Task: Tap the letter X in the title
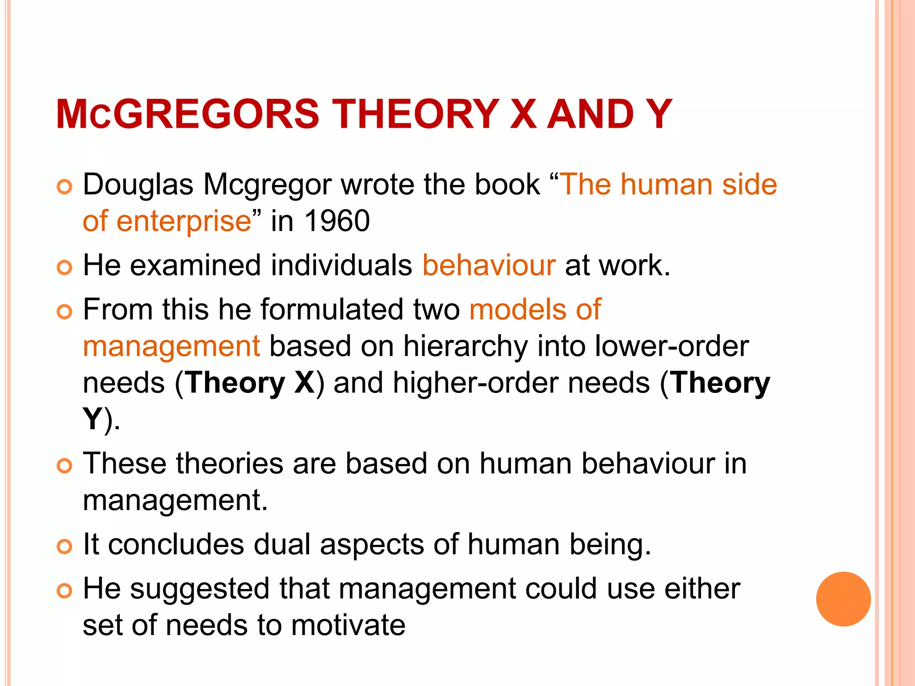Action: (x=523, y=114)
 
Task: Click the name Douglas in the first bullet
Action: (x=138, y=184)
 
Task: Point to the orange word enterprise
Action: (x=184, y=222)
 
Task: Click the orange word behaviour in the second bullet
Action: (x=489, y=265)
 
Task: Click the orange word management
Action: (x=171, y=347)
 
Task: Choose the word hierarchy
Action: (x=466, y=347)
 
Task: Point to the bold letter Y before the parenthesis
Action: (x=92, y=419)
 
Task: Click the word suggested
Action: (x=200, y=589)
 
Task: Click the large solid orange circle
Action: (x=843, y=599)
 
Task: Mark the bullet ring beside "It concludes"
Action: (x=64, y=546)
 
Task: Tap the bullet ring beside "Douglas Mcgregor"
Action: (x=64, y=187)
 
